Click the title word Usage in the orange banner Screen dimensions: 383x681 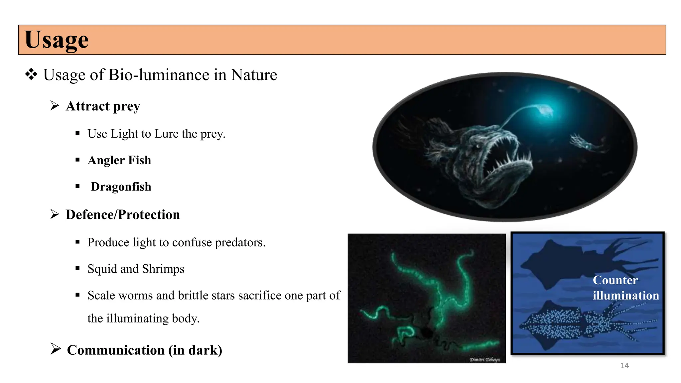[57, 40]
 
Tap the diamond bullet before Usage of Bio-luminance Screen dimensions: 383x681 [31, 74]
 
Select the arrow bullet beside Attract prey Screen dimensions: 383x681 [55, 106]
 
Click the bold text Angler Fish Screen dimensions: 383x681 [119, 160]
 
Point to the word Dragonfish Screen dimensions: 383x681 [121, 187]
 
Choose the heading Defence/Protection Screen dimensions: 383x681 [123, 215]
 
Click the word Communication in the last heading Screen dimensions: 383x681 [116, 350]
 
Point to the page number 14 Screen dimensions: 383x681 [624, 366]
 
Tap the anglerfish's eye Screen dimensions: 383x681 [478, 146]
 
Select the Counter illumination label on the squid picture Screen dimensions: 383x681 [625, 288]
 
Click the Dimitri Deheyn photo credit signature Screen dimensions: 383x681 [484, 359]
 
